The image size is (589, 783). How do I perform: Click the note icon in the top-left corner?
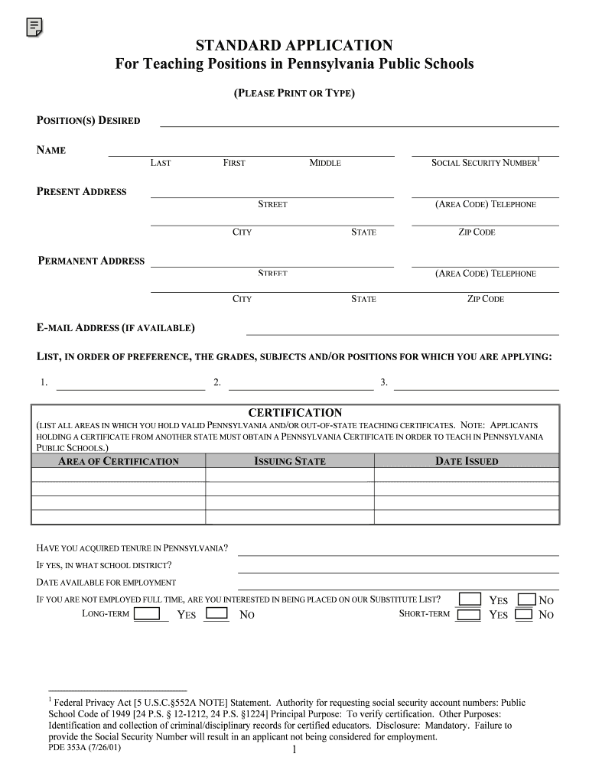pos(34,28)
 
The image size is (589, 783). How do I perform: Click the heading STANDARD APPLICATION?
pos(294,46)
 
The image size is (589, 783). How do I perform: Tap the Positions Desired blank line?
pos(358,122)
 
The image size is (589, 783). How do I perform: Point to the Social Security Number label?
pos(485,163)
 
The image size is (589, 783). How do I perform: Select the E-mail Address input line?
pos(402,330)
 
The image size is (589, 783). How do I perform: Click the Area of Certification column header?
pos(119,461)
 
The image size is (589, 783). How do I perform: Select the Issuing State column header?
pos(290,461)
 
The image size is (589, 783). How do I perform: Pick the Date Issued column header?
pos(467,461)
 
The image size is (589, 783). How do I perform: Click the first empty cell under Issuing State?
pos(290,475)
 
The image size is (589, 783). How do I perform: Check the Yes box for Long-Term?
pos(147,613)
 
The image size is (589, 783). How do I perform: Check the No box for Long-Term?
pos(217,613)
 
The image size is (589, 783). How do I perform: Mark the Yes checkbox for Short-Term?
pos(469,614)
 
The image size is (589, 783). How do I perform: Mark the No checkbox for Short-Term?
pos(524,614)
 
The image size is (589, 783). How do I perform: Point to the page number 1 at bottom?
pos(294,751)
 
